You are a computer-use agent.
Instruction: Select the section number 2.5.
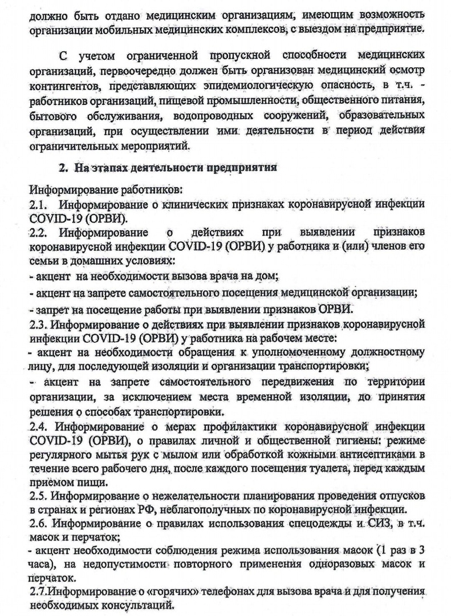click(x=38, y=494)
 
